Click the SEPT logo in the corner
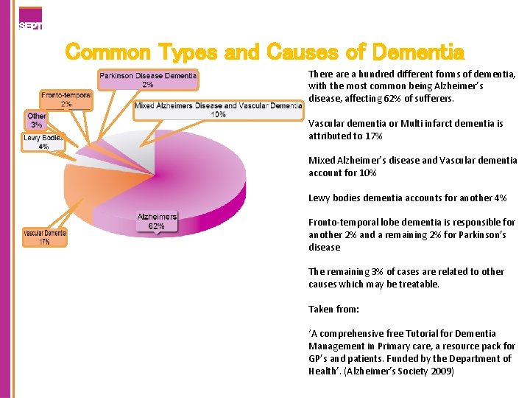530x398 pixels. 30,18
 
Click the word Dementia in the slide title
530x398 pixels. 418,52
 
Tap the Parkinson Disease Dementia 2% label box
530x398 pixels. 148,79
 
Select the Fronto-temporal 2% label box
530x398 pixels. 66,99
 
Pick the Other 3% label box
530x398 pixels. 36,120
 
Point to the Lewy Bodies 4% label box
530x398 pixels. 43,142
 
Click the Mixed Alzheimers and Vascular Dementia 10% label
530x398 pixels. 218,110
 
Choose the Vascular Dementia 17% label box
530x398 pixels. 45,237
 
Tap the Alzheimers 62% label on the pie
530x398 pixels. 157,221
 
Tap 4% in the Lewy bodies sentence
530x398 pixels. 500,198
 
